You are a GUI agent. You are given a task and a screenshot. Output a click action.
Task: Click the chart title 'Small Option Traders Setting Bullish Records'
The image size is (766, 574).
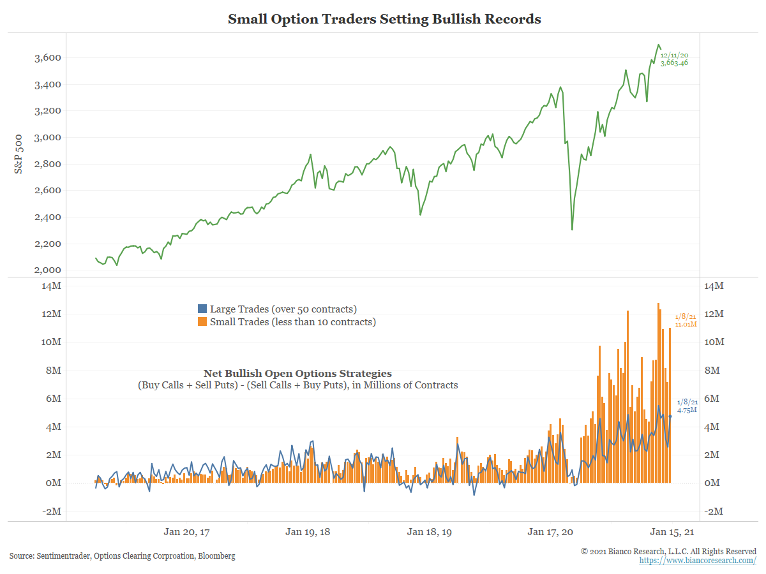coord(384,19)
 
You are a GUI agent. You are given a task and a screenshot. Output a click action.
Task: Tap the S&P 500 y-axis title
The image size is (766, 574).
coord(19,153)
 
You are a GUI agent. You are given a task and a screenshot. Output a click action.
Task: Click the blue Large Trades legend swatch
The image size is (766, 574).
coord(202,309)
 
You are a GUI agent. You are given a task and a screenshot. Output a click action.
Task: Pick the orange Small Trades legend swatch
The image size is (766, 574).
coord(202,322)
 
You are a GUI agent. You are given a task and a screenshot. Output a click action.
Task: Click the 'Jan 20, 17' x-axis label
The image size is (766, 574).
coord(186,531)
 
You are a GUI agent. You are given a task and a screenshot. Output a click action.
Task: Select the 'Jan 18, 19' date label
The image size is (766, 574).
coord(429,531)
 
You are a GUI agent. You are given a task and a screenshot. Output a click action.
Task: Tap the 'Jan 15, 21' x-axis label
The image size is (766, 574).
coord(672,531)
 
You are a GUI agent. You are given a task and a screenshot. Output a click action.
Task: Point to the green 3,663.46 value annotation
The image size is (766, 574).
coord(675,63)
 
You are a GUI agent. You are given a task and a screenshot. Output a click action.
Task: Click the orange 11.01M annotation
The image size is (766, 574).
coord(686,325)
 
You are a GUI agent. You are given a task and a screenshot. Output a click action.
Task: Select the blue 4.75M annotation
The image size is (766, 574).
coord(687,410)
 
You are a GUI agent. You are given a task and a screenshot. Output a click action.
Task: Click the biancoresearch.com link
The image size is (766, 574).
coord(698,561)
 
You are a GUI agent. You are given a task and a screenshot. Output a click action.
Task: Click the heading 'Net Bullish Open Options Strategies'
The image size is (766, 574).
coord(297,374)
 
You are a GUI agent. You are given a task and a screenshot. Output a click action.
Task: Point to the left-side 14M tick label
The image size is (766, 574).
coord(52,286)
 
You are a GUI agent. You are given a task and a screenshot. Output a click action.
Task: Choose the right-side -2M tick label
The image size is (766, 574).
coord(714,511)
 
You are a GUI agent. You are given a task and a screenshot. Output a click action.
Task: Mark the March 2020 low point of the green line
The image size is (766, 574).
coord(572,230)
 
